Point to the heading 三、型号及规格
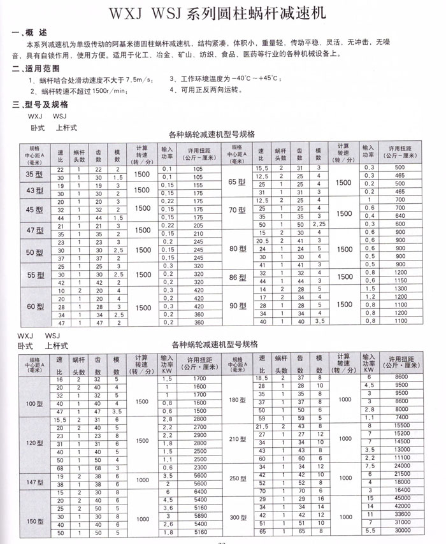(40, 104)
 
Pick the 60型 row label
(33, 306)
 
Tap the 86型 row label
(237, 278)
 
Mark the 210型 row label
(237, 439)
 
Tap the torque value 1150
(399, 280)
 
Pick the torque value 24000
(399, 466)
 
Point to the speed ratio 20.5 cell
(261, 241)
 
